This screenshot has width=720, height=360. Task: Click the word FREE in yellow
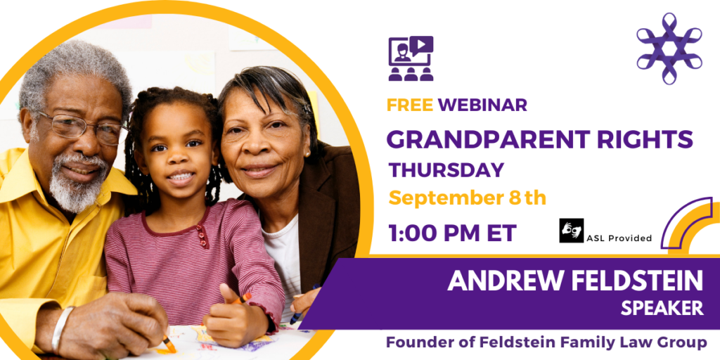[410, 105]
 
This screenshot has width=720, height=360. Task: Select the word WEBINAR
[482, 105]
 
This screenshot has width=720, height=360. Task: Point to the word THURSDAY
[446, 170]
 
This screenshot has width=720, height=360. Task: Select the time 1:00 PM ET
[452, 233]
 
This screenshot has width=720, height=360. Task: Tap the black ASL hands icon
[571, 231]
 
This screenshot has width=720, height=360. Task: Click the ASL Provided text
[619, 238]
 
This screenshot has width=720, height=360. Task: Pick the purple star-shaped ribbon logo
[669, 49]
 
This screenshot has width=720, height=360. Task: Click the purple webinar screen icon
[411, 59]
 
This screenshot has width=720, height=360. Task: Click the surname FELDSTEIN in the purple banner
[634, 281]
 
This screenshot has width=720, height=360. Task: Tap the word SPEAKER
[662, 308]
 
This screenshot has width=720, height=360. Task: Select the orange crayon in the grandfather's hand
[169, 344]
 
